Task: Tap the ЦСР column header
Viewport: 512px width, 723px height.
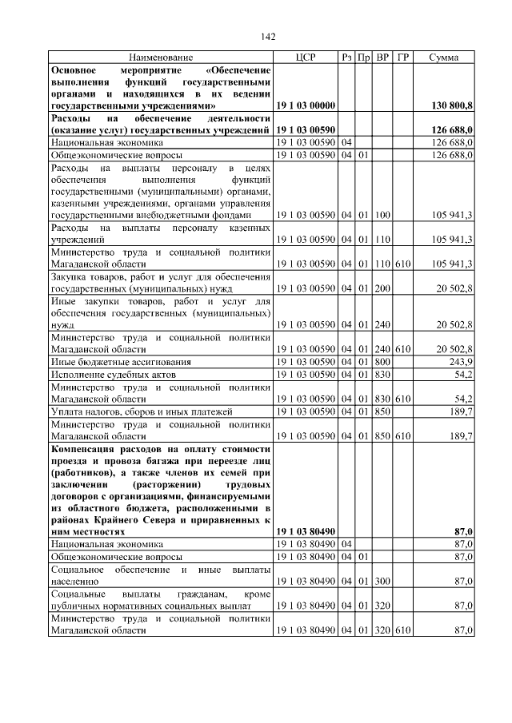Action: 306,58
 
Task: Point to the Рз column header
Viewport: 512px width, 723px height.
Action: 346,58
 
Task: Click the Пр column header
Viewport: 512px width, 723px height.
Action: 363,58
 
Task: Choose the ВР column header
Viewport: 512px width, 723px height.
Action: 382,58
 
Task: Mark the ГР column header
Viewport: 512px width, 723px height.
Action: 403,58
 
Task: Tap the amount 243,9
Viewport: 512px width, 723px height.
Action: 460,360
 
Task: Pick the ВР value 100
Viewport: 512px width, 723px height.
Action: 382,215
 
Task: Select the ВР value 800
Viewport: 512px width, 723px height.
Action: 382,360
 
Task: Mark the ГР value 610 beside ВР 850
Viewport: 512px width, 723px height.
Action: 403,435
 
